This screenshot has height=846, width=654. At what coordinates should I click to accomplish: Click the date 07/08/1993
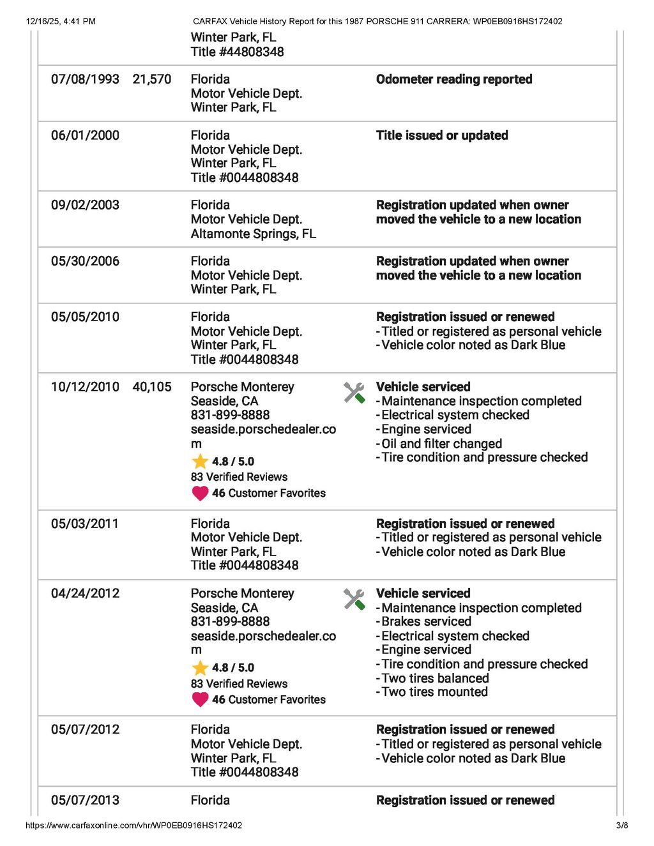point(85,79)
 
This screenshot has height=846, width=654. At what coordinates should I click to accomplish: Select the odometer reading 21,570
point(152,79)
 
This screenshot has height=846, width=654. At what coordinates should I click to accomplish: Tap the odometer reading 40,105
point(152,387)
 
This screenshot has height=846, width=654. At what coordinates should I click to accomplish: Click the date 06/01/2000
point(85,135)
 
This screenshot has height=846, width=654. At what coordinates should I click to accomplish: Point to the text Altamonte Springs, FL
point(253,234)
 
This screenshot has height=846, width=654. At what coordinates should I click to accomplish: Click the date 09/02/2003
point(85,205)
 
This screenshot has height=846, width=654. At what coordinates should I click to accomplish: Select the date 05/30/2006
point(85,261)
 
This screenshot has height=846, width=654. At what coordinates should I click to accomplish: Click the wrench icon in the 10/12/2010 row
point(354,393)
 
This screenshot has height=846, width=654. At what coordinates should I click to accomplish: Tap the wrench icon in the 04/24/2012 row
point(354,599)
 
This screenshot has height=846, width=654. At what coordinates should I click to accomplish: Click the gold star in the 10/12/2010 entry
point(200,461)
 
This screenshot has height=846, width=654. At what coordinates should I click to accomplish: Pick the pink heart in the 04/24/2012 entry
point(200,699)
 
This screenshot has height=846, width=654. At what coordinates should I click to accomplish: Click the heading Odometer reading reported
point(454,79)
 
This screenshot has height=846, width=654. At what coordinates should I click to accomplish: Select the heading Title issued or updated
point(442,135)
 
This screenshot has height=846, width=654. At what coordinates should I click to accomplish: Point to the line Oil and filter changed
point(441,444)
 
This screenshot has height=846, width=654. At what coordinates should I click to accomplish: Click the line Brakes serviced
point(426,622)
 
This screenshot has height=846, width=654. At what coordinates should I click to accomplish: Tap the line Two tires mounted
point(434,692)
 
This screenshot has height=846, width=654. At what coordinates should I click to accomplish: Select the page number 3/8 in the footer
point(622,825)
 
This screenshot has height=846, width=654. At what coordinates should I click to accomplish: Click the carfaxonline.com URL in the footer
point(133,825)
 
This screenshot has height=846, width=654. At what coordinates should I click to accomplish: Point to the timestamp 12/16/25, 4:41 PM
point(61,21)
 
